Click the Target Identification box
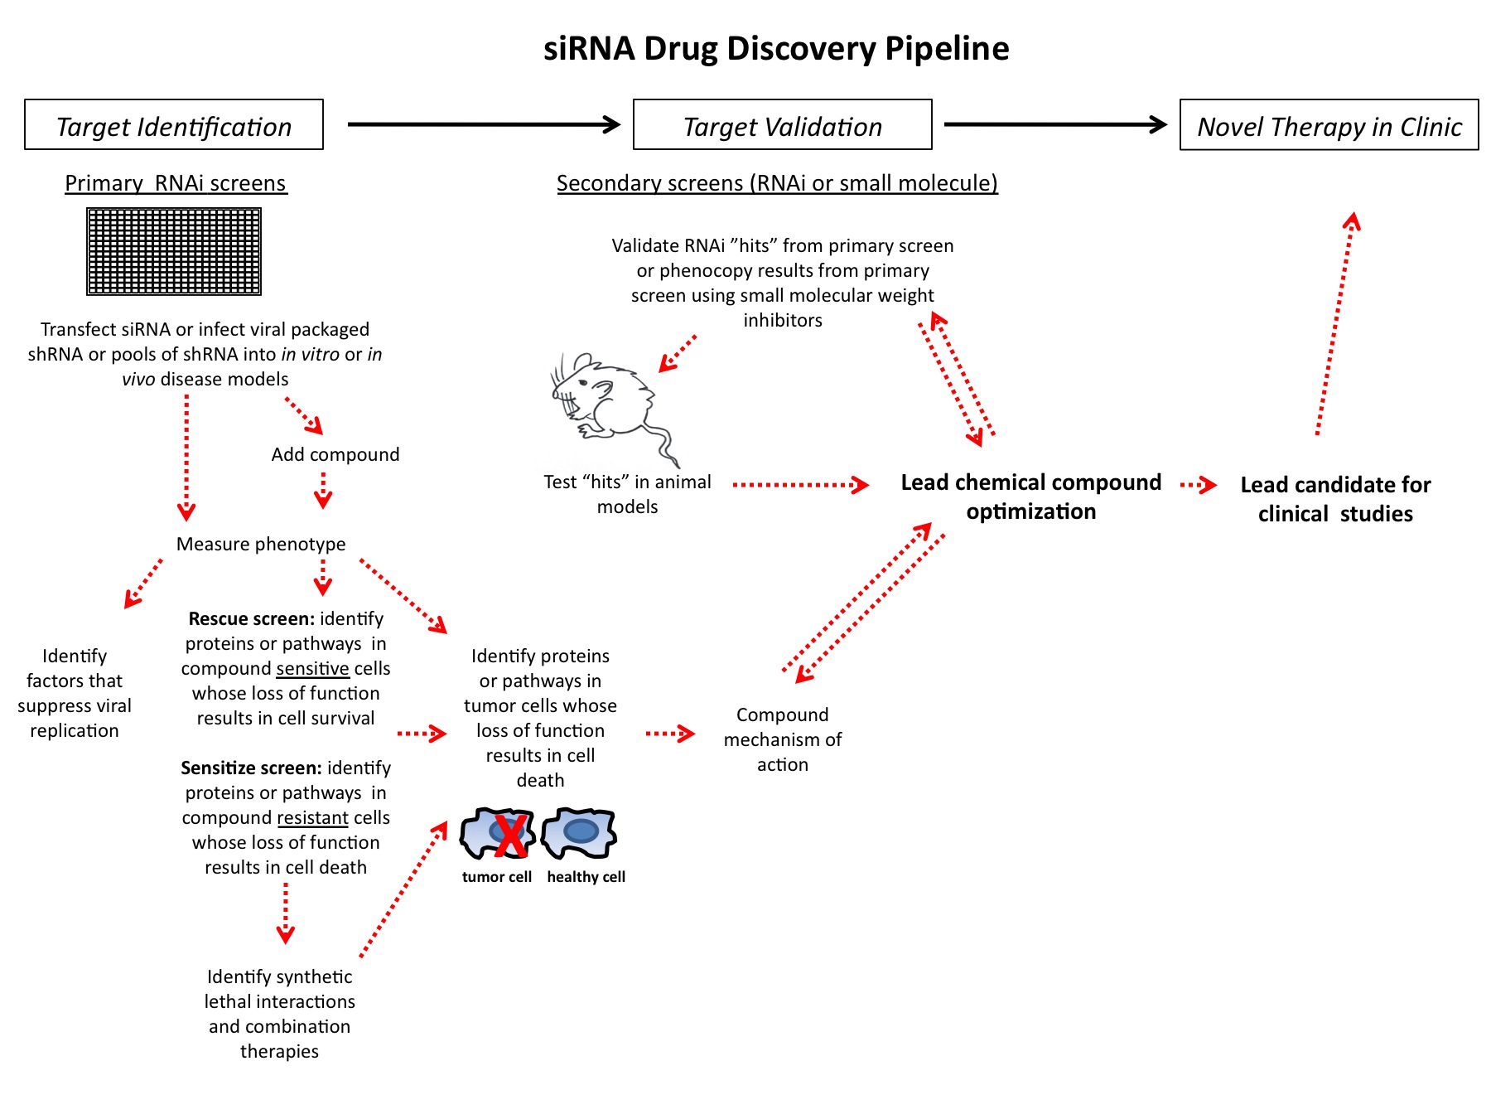point(174,125)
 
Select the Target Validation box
point(782,125)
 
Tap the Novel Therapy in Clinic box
point(1329,125)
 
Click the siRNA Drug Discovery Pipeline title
point(776,49)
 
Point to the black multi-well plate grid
point(174,251)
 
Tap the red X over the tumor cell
point(509,836)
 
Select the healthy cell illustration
point(580,832)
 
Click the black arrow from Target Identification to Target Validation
point(484,124)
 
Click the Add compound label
point(335,454)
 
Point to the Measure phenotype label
point(261,544)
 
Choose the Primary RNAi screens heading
point(176,183)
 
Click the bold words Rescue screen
point(251,618)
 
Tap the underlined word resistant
point(312,818)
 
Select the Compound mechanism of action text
point(782,739)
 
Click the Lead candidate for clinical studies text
point(1335,499)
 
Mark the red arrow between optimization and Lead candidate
point(1198,485)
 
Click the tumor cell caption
point(496,877)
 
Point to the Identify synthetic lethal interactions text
point(279,1013)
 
